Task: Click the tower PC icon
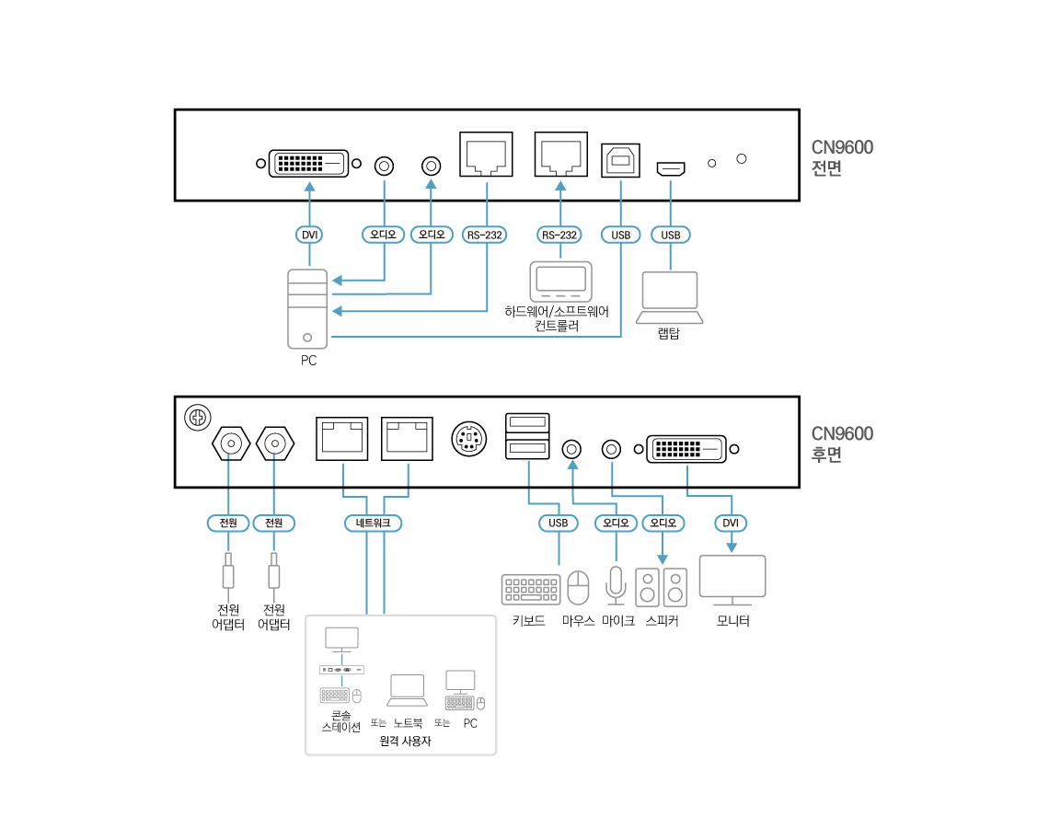307,309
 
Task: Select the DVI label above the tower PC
310,235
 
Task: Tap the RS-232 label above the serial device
559,235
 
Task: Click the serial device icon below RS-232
561,282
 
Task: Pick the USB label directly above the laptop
671,235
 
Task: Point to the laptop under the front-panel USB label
670,297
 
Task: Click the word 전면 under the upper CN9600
826,168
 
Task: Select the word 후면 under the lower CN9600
826,455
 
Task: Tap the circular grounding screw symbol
198,418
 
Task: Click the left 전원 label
228,523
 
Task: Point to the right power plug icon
273,576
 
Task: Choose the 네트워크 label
374,523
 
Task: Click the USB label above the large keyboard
559,523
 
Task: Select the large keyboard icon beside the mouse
531,590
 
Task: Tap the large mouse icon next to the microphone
578,588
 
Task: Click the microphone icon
616,585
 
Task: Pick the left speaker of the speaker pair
648,588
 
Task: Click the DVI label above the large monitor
731,523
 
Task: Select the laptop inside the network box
407,690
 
